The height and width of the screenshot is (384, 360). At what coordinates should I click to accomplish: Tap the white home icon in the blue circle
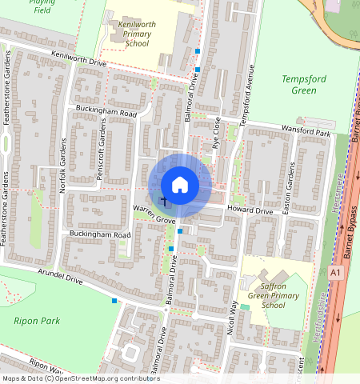(x=180, y=185)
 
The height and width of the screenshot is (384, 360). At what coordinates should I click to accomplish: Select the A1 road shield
(x=334, y=273)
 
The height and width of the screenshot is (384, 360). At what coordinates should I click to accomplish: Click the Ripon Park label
(x=31, y=320)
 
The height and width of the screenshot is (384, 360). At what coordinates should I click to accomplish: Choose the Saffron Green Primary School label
(x=273, y=295)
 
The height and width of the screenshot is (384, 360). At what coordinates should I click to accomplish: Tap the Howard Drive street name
(x=250, y=210)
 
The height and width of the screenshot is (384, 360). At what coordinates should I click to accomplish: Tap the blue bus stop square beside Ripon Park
(x=115, y=301)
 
